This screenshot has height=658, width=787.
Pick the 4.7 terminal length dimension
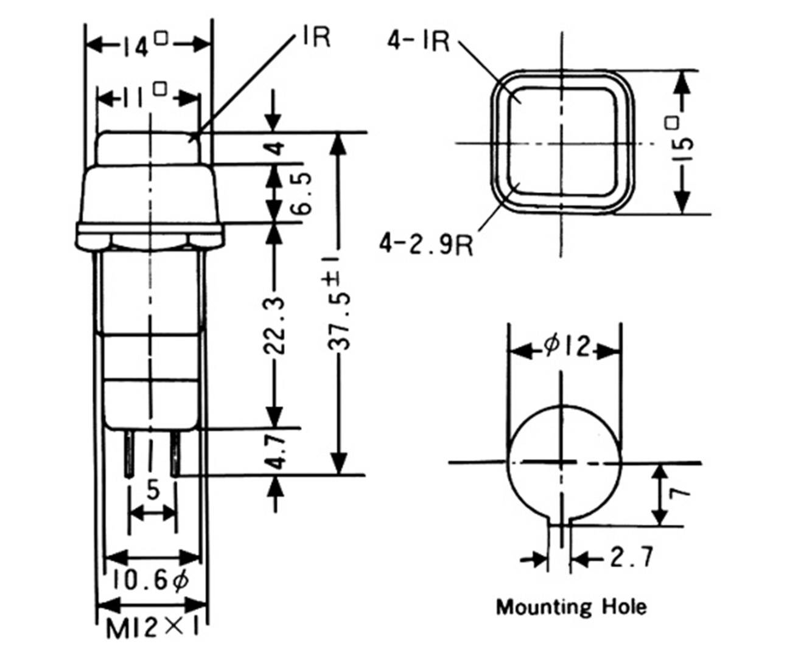pos(277,451)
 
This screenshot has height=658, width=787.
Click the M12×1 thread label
pos(152,628)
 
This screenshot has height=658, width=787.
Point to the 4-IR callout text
pos(418,41)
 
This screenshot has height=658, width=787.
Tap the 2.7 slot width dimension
pos(631,557)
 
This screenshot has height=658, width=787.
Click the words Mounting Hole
pos(571,606)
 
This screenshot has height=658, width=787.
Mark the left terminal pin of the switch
pos(130,453)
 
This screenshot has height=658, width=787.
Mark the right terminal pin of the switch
pos(175,453)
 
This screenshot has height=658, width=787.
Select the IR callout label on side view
pos(315,38)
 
